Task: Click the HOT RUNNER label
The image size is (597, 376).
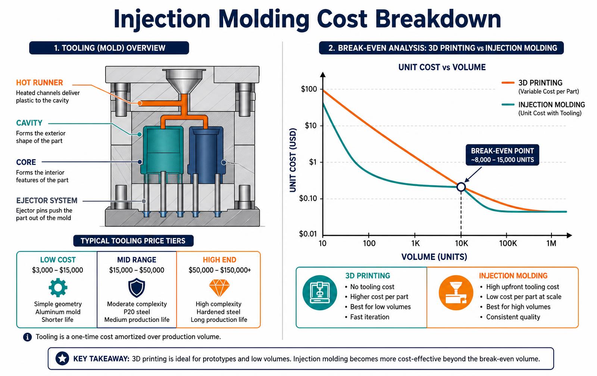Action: pyautogui.click(x=40, y=82)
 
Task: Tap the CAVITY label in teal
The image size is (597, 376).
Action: pyautogui.click(x=29, y=123)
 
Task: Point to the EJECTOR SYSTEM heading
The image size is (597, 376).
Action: pyautogui.click(x=47, y=200)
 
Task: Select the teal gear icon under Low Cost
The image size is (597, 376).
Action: pyautogui.click(x=58, y=288)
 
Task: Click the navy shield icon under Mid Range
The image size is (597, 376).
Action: pyautogui.click(x=137, y=288)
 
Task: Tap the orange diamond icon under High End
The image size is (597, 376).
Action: pyautogui.click(x=219, y=288)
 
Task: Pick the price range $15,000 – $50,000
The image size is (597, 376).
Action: pyautogui.click(x=137, y=270)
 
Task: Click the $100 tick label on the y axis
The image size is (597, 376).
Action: pyautogui.click(x=309, y=89)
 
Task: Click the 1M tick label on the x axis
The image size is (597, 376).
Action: pyautogui.click(x=551, y=243)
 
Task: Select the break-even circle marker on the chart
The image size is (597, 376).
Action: pyautogui.click(x=461, y=187)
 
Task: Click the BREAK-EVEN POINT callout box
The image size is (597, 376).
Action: pyautogui.click(x=502, y=155)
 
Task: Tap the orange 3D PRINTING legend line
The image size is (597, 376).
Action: pyautogui.click(x=508, y=82)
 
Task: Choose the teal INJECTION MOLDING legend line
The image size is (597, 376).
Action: pyautogui.click(x=508, y=104)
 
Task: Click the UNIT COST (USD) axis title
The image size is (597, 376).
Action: pyautogui.click(x=293, y=160)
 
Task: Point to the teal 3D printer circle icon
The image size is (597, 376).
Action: pyautogui.click(x=320, y=292)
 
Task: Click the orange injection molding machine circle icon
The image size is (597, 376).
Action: pyautogui.click(x=456, y=292)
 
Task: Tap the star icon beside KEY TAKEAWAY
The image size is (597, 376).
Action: pyautogui.click(x=62, y=359)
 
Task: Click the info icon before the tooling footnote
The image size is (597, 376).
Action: pyautogui.click(x=28, y=337)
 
